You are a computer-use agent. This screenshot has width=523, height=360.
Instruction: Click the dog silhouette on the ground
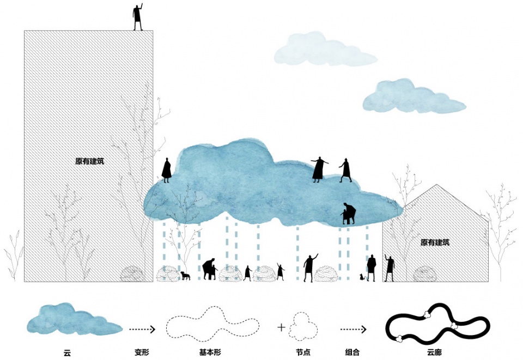(x=185, y=276)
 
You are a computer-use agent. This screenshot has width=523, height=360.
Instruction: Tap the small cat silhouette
(x=361, y=277)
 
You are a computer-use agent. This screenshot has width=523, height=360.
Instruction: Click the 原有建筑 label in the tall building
(x=90, y=161)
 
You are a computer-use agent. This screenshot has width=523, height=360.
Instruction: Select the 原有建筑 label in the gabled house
(x=435, y=242)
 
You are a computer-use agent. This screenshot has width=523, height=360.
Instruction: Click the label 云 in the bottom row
(x=67, y=352)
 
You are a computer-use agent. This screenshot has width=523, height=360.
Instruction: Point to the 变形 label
(x=142, y=352)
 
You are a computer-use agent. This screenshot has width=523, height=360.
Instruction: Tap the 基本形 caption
(x=210, y=352)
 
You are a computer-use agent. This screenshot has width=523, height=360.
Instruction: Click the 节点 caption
(x=303, y=352)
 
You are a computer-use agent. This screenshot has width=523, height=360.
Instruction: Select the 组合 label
(x=352, y=352)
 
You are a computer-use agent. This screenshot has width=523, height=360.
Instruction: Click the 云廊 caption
(x=434, y=352)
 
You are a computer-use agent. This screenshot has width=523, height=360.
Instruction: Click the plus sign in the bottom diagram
(x=281, y=327)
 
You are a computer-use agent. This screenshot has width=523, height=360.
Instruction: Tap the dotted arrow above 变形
(x=142, y=330)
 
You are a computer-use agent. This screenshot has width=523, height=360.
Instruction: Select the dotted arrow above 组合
(x=353, y=330)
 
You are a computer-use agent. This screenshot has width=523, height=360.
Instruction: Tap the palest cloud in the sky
(x=325, y=50)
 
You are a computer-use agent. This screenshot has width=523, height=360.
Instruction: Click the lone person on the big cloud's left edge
(x=167, y=170)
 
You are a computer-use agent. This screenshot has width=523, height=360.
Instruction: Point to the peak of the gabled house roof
(x=436, y=184)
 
